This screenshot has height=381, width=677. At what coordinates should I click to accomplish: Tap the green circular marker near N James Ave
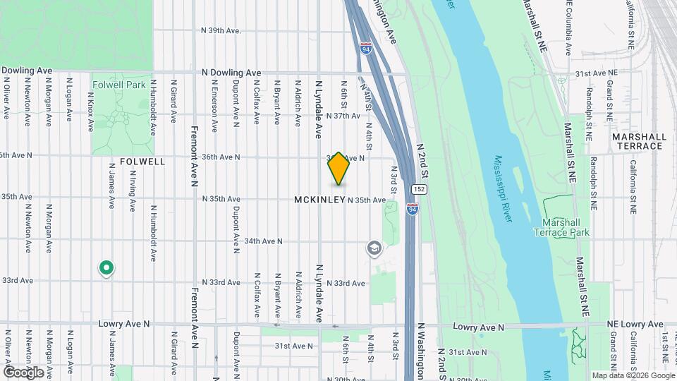click(106, 267)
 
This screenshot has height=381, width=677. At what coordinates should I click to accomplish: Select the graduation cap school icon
click(374, 248)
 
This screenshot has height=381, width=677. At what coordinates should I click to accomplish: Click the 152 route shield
click(418, 190)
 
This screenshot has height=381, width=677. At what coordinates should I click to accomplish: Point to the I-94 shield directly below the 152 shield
click(413, 209)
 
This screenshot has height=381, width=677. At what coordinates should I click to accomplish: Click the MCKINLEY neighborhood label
click(319, 200)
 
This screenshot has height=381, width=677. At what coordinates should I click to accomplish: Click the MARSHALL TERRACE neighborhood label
click(638, 141)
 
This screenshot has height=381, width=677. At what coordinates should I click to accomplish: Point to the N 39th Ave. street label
click(221, 30)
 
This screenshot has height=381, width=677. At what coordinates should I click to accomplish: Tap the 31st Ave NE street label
click(596, 73)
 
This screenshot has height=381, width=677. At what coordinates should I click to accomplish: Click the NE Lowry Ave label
click(635, 325)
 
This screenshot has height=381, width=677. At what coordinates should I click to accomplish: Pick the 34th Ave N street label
click(263, 241)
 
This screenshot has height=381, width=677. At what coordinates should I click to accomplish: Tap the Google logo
click(24, 372)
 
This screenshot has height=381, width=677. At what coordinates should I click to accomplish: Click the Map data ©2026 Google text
click(634, 375)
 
